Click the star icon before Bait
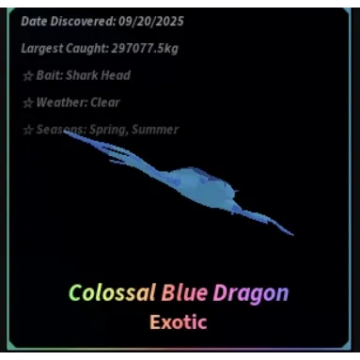tap(27, 75)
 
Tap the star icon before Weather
tap(27, 102)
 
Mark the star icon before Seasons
tap(27, 130)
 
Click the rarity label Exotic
tap(178, 321)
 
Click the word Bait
tap(48, 75)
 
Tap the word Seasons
tap(58, 130)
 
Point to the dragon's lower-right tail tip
tap(290, 233)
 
